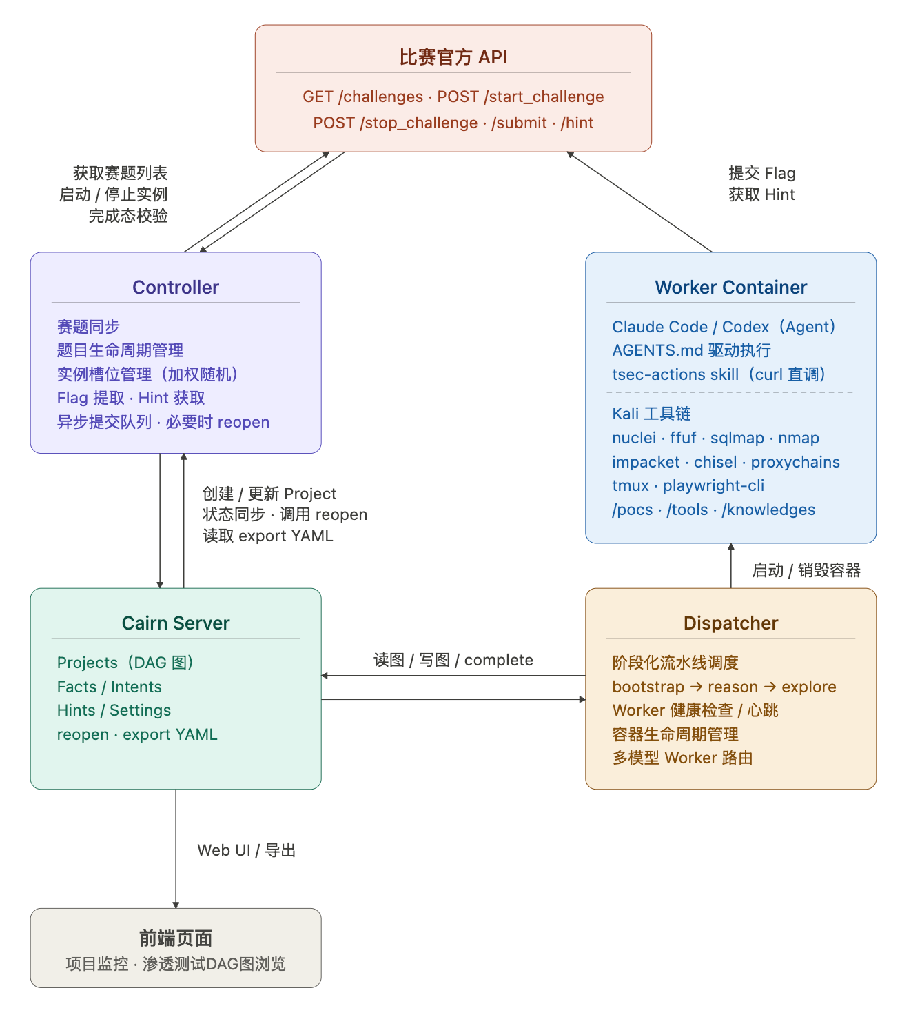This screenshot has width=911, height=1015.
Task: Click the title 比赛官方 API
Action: coord(453,57)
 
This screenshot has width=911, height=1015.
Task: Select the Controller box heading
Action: coord(176,288)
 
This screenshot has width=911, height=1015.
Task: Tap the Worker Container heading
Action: coord(730,288)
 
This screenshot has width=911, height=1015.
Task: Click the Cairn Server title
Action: coord(176,623)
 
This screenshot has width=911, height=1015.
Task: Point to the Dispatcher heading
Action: coord(730,623)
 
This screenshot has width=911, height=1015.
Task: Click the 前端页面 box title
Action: coord(176,938)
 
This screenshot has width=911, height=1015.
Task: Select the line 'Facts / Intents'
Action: coord(110,687)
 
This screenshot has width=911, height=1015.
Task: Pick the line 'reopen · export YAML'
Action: coord(137,734)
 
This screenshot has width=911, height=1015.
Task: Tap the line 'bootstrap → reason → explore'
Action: coord(724,687)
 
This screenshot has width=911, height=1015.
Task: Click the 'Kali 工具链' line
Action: coord(651,414)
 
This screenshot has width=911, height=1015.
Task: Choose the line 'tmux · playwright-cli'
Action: coord(688,485)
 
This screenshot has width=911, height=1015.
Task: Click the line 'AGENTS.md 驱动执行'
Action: coord(691,350)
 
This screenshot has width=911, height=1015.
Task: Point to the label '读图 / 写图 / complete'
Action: coord(453,660)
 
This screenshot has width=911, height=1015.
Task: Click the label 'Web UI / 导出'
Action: coord(246,850)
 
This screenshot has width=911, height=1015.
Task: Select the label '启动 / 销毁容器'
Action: coord(806,570)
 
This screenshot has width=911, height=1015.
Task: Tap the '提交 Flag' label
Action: coord(761,173)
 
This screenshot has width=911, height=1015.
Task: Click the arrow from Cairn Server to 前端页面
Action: coord(176,848)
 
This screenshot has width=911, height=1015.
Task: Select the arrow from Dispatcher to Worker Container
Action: coord(731,566)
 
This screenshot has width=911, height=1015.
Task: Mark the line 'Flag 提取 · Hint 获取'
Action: coord(131,398)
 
